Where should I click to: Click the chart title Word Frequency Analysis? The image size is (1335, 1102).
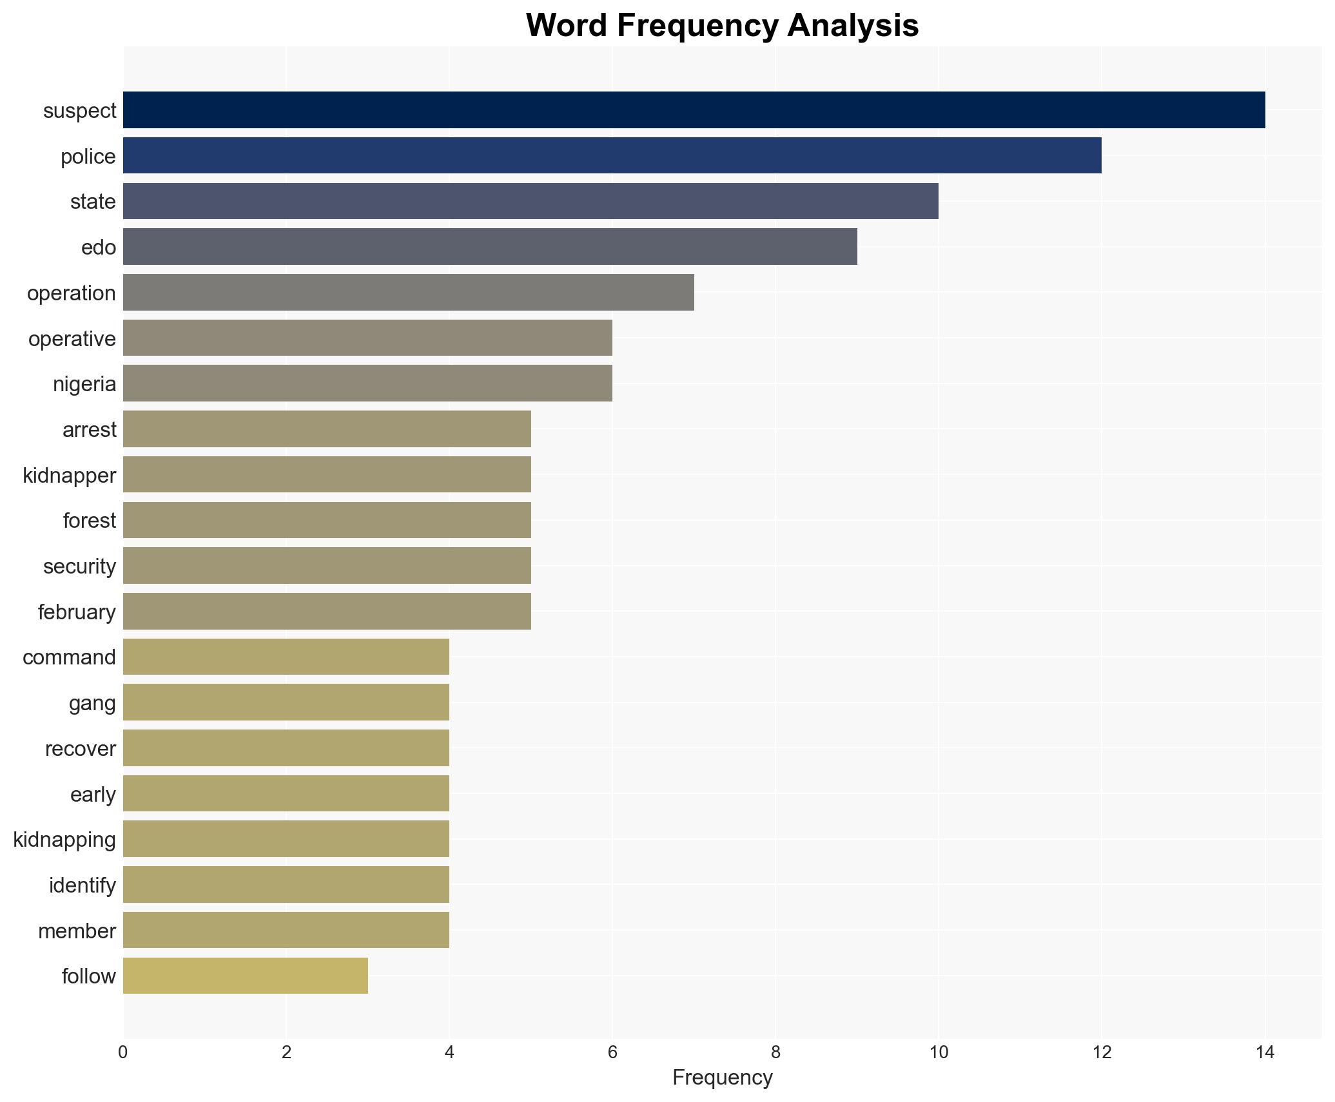point(722,26)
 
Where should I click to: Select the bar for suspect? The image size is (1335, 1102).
point(694,110)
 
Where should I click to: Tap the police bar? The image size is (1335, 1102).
point(612,155)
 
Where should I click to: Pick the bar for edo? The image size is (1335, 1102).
point(490,247)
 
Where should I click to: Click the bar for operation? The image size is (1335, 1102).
point(408,293)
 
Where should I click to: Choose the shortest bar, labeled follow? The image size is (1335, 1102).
point(245,976)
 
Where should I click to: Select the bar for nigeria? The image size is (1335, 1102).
point(367,383)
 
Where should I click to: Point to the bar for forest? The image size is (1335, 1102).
point(327,520)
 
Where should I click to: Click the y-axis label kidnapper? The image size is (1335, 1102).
point(70,476)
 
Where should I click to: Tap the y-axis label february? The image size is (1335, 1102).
point(77,612)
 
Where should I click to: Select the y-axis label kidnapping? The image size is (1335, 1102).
point(64,840)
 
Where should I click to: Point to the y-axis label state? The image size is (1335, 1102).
point(93,202)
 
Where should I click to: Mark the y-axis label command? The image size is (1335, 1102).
point(69,657)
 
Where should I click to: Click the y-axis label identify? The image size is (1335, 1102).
point(83,885)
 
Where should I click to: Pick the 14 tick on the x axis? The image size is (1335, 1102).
point(1265,1053)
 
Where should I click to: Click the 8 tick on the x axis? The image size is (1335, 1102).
point(775,1053)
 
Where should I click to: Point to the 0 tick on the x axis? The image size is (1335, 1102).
point(123,1053)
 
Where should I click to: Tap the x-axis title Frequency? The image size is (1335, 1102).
point(722,1078)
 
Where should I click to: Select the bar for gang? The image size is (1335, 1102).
point(286,702)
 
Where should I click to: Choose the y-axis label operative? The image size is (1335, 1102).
point(72,339)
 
